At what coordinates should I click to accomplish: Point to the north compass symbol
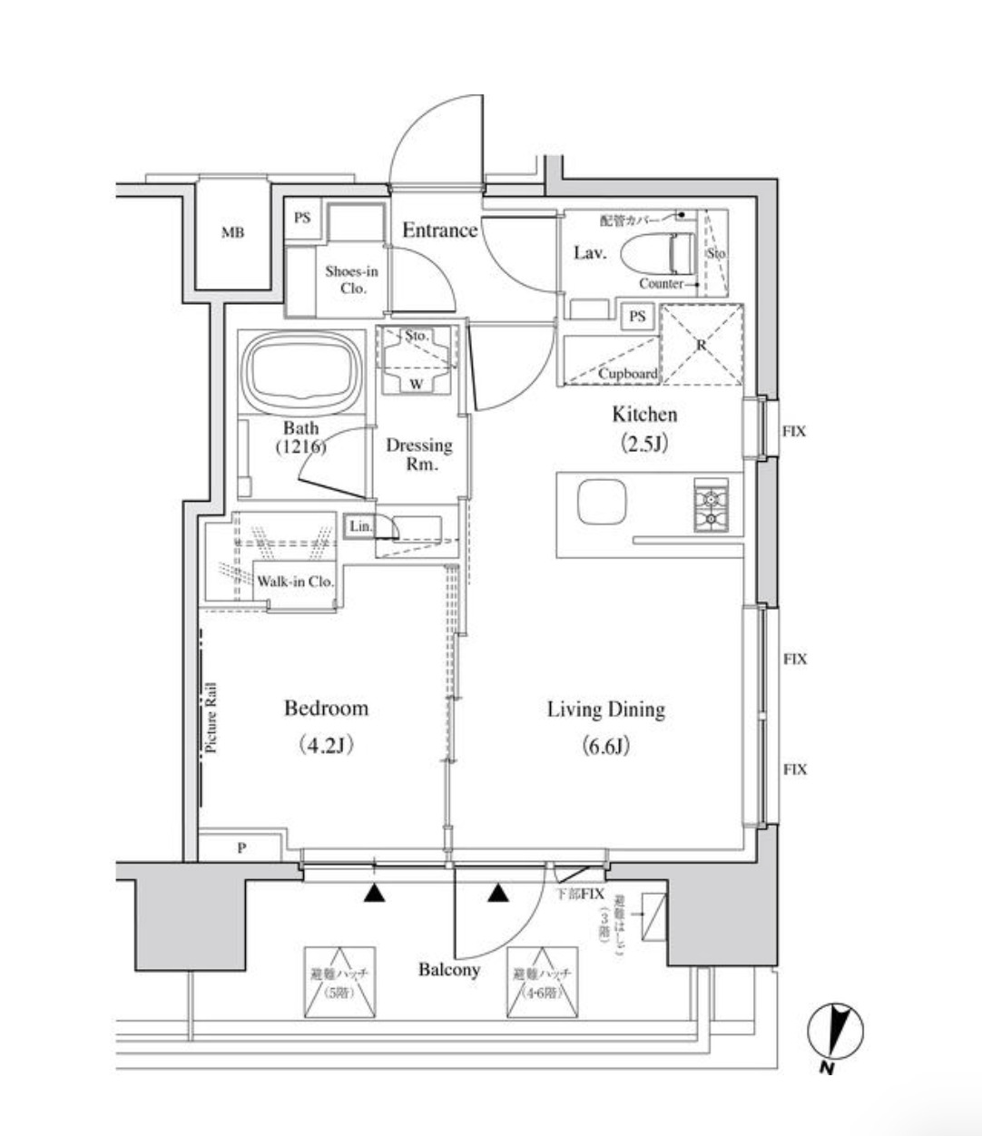click(x=835, y=1032)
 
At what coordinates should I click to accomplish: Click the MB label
click(x=233, y=233)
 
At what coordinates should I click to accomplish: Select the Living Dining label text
click(x=605, y=710)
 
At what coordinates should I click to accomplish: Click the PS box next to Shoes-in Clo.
click(x=302, y=219)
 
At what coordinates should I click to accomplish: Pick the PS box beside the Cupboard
click(x=637, y=317)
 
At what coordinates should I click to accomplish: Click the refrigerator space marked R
click(x=702, y=345)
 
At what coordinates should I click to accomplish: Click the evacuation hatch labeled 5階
click(x=340, y=984)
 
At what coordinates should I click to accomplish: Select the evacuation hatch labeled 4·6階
click(x=543, y=984)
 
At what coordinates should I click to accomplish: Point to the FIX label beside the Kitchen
click(x=794, y=432)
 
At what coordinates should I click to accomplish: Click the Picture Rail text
click(x=211, y=718)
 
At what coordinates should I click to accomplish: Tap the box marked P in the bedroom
click(x=241, y=848)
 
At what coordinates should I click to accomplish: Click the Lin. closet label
click(x=359, y=526)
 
